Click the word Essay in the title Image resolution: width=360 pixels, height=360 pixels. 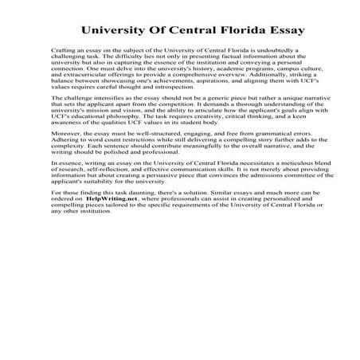[x=280, y=31]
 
